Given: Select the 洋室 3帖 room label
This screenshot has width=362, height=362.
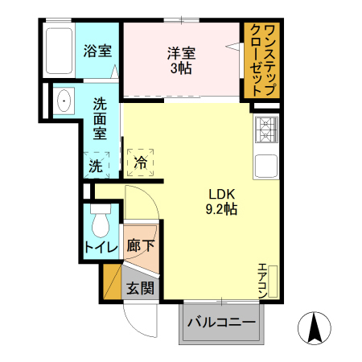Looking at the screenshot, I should coord(181,60).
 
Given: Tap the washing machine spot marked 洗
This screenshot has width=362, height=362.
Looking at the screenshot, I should coord(96,166).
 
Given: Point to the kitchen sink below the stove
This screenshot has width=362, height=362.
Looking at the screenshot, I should coord(266,167).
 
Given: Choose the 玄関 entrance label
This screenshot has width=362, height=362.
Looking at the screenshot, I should coord(141,288).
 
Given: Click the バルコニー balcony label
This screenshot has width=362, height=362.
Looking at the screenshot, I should coord(221,323).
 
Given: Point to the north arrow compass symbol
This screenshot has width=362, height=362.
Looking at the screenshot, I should coord(316,328).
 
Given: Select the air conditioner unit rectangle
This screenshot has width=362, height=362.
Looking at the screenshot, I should coord(273,282).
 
